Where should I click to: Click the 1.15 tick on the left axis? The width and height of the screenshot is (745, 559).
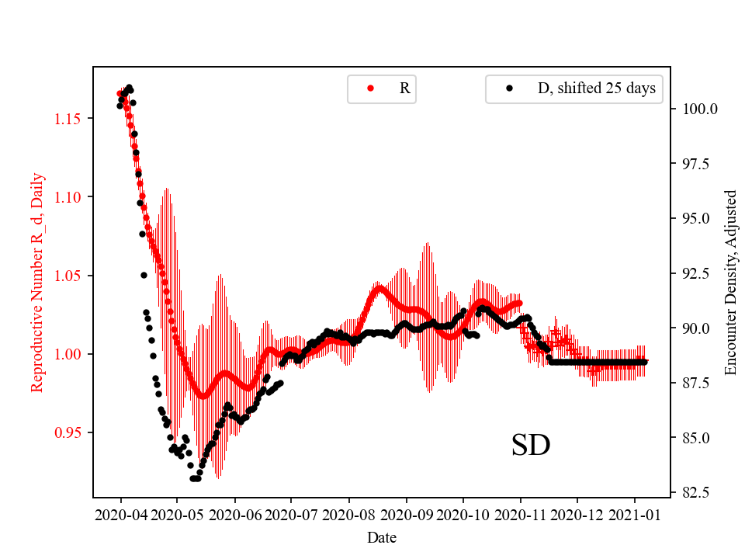(68, 119)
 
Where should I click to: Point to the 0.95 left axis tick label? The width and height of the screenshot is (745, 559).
(68, 432)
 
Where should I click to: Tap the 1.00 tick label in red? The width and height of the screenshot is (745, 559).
(68, 354)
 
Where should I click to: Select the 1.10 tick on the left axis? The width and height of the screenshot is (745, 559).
(68, 197)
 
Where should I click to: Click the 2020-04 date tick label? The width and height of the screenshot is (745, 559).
(120, 514)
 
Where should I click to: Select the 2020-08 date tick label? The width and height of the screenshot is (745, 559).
(348, 514)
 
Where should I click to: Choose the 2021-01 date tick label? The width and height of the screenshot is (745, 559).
(635, 514)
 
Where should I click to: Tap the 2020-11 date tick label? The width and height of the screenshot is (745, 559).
(521, 514)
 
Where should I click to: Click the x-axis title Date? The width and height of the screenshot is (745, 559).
(382, 536)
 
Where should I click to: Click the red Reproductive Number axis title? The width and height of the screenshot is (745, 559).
(37, 283)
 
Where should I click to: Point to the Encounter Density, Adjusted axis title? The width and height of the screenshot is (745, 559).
(730, 283)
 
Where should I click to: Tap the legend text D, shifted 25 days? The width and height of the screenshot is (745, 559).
(596, 89)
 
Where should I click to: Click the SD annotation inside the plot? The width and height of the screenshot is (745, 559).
(531, 446)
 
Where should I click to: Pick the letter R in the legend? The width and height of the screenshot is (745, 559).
(404, 89)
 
